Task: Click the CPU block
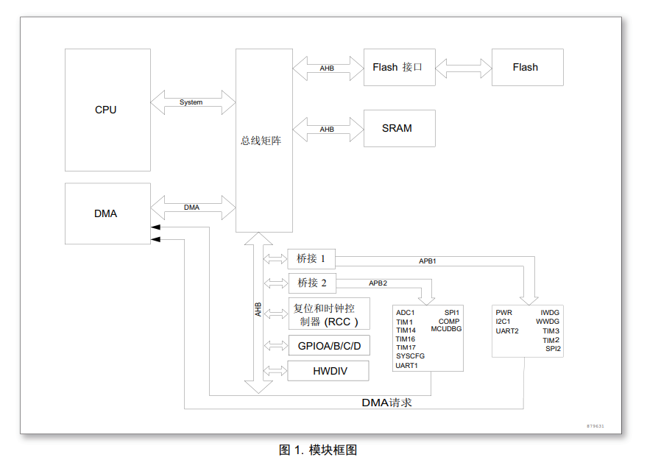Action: pyautogui.click(x=107, y=110)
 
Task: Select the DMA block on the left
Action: pyautogui.click(x=107, y=213)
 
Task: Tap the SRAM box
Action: pyautogui.click(x=400, y=128)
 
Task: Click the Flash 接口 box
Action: pyautogui.click(x=400, y=67)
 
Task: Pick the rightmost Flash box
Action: pyautogui.click(x=527, y=67)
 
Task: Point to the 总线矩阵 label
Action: pyautogui.click(x=261, y=141)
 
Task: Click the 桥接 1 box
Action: pyautogui.click(x=311, y=258)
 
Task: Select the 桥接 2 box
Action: pyautogui.click(x=312, y=283)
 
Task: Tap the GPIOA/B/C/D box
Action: pyautogui.click(x=329, y=346)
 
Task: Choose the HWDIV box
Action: pyautogui.click(x=328, y=371)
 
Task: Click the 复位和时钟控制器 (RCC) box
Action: pyautogui.click(x=329, y=314)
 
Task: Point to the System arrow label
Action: pyautogui.click(x=191, y=102)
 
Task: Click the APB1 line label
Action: pyautogui.click(x=428, y=261)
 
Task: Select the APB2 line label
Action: pyautogui.click(x=378, y=283)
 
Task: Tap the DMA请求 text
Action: pyautogui.click(x=386, y=403)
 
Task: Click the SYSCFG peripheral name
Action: pyautogui.click(x=410, y=356)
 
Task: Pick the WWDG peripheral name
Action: pyautogui.click(x=548, y=322)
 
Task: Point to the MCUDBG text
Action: pyautogui.click(x=446, y=329)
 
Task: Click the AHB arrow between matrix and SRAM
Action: pyautogui.click(x=328, y=129)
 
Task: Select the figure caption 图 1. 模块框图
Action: pyautogui.click(x=318, y=450)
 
